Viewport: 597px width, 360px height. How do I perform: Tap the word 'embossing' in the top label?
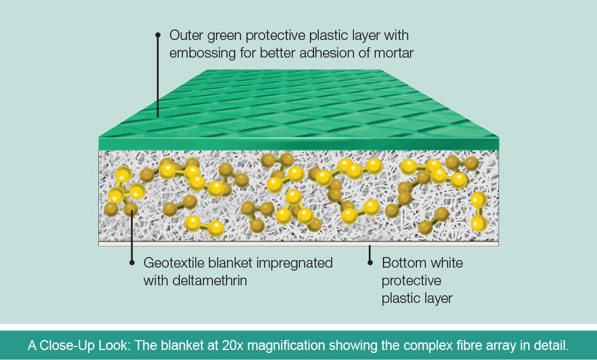click(198, 53)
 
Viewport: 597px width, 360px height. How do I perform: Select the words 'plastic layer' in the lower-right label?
click(417, 298)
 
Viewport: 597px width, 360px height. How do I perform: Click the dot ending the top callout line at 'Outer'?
click(158, 35)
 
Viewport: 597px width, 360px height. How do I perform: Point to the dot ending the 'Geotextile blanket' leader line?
click(132, 263)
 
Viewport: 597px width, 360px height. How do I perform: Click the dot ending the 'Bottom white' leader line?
click(370, 263)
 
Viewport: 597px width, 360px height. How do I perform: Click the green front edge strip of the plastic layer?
click(298, 144)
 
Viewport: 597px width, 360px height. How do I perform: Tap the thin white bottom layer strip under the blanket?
click(298, 244)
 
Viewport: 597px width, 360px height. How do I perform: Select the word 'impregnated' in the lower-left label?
click(300, 262)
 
